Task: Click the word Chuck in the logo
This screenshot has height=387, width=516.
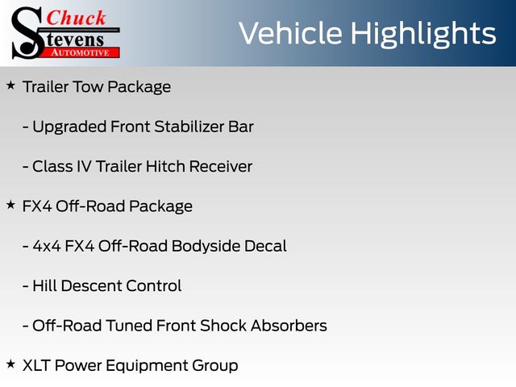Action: tap(76, 18)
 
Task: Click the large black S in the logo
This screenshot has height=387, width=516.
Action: tap(27, 33)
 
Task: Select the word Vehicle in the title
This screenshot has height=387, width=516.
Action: tap(290, 33)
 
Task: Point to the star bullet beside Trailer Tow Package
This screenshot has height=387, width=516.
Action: tap(10, 85)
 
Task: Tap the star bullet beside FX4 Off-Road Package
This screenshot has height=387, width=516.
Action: tap(10, 205)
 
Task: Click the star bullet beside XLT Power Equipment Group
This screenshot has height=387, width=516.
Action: tap(10, 364)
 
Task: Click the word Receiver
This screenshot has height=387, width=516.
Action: tap(221, 166)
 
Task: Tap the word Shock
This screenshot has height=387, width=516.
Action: tap(223, 326)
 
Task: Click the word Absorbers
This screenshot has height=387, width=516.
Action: tap(289, 326)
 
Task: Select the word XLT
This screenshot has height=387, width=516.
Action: tap(36, 365)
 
